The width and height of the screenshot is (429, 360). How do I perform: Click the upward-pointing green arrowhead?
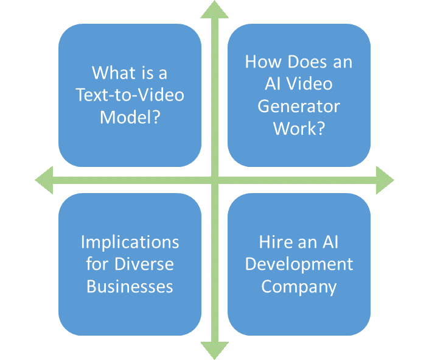214,10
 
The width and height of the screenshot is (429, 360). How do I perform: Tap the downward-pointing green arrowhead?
214,350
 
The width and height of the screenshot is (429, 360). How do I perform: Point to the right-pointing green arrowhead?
385,180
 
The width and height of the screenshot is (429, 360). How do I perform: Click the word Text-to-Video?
130,95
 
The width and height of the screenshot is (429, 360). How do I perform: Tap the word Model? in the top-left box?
130,117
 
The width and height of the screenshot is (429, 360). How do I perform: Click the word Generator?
299,106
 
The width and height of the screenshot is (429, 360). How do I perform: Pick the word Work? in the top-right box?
299,128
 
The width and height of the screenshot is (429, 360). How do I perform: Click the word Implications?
130,242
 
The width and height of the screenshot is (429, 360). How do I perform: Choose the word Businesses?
130,286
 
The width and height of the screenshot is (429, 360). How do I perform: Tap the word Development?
299,264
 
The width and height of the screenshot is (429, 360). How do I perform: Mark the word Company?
299,286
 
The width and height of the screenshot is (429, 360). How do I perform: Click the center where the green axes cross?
214,180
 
